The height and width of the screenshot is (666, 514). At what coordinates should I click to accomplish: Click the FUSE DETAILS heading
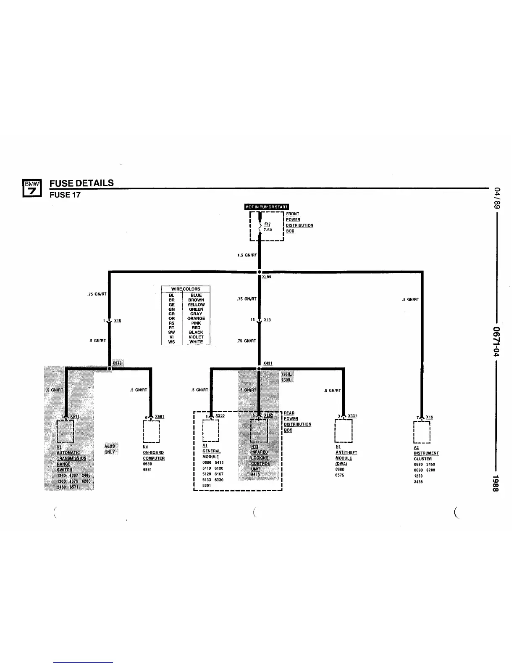pos(81,183)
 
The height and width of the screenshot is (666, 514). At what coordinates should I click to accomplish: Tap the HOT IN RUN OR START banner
pos(267,206)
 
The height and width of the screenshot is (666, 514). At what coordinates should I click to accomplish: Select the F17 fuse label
pos(267,224)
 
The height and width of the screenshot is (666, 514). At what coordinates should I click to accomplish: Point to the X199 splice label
pos(267,277)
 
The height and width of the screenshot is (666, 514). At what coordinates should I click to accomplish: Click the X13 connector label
pos(267,320)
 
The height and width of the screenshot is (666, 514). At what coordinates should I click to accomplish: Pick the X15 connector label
pos(118,321)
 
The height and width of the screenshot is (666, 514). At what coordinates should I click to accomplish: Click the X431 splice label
pos(268,363)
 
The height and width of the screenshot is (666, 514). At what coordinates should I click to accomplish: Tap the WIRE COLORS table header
pos(186,289)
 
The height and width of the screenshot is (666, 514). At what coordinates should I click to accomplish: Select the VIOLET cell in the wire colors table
pos(196,337)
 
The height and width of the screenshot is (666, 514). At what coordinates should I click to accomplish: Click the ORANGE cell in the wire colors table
pos(196,318)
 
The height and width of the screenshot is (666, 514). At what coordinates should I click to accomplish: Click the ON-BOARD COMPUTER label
pos(154,455)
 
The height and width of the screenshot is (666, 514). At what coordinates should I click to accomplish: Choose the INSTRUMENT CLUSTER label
pos(426,456)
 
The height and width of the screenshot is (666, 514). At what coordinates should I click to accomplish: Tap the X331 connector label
pos(352,416)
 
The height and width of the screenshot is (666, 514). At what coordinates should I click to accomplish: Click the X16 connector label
pos(429,417)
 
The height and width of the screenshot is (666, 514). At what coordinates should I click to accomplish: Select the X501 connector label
pos(160,416)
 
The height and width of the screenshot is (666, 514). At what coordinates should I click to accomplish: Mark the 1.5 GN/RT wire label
pos(248,255)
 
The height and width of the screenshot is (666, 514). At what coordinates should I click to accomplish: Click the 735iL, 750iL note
pos(287,377)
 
